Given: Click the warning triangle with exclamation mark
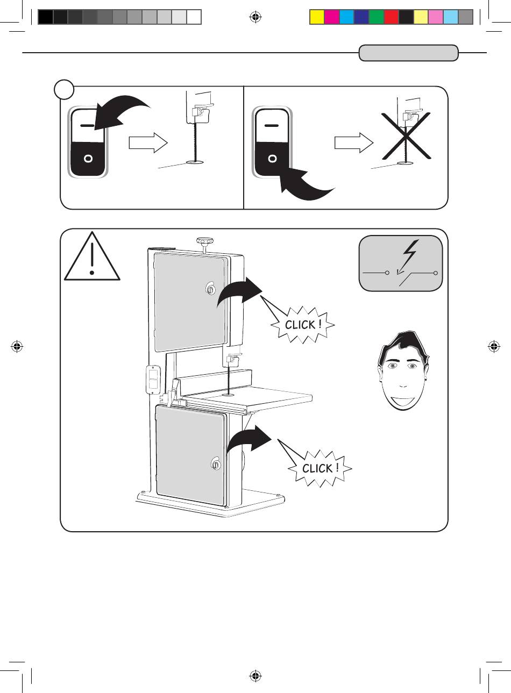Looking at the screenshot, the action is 92,256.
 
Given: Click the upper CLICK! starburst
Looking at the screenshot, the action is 302,325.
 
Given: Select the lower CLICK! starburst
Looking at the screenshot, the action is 320,468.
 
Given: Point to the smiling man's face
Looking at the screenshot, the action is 403,371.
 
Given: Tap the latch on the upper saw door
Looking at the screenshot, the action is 210,289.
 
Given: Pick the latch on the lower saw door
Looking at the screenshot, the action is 215,463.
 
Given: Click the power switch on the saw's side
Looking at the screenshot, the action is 153,379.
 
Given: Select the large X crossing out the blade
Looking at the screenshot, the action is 406,136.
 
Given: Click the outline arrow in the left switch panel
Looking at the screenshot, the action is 148,142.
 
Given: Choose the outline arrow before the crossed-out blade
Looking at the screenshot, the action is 354,142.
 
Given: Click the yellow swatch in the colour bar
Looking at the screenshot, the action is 317,17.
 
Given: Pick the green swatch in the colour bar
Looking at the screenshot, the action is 377,17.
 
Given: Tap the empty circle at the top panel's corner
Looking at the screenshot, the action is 64,89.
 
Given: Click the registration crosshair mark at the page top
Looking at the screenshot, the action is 256,17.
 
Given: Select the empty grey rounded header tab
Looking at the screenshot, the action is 409,53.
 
